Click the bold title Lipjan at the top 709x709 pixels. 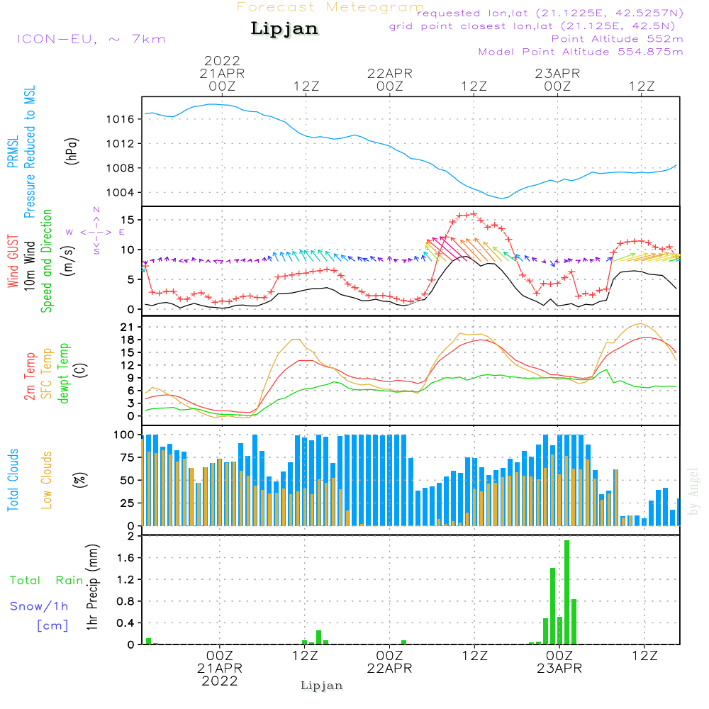284,29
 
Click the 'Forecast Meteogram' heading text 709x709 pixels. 330,7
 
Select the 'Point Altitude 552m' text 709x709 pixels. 617,38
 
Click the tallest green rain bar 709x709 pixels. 566,592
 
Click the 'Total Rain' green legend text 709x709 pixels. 47,581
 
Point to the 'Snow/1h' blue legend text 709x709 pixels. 39,607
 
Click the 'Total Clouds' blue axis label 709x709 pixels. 13,479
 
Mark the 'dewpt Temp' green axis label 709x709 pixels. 65,374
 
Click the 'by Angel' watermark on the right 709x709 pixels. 693,491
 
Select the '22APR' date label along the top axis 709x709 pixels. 389,73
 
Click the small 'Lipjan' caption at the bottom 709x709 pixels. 322,686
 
